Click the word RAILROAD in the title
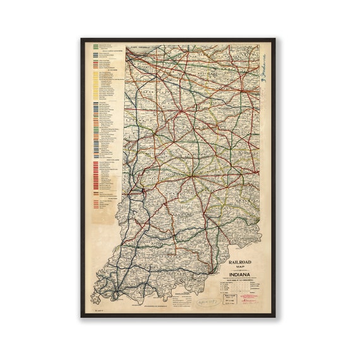[x=242, y=259]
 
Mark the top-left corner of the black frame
[x=81, y=39]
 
